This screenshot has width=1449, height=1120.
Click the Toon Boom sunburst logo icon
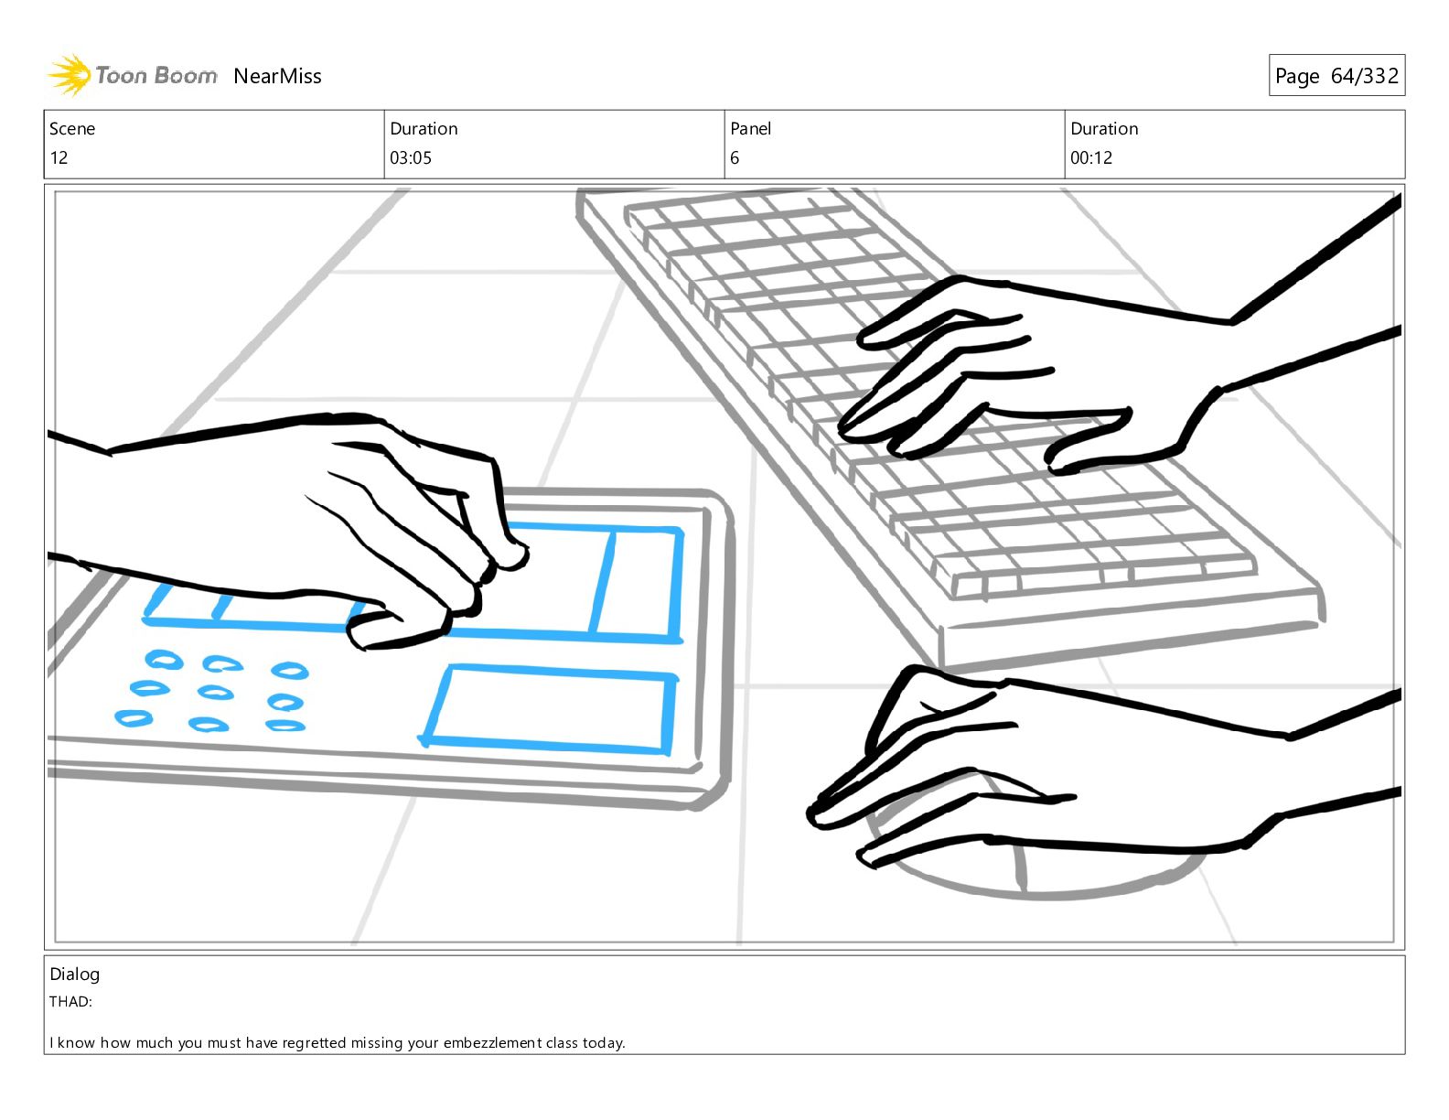pyautogui.click(x=70, y=75)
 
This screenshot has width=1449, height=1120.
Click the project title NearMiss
pyautogui.click(x=277, y=76)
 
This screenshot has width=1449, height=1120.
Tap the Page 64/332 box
pyautogui.click(x=1336, y=75)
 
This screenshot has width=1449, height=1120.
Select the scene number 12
pyautogui.click(x=59, y=158)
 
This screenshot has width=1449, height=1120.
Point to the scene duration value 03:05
pyautogui.click(x=411, y=158)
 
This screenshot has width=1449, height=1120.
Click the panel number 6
pyautogui.click(x=735, y=158)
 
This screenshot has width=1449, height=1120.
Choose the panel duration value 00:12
pyautogui.click(x=1091, y=158)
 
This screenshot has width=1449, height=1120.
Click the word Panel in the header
pyautogui.click(x=751, y=129)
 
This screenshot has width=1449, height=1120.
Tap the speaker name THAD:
pyautogui.click(x=70, y=1002)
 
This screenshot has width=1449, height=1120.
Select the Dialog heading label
pyautogui.click(x=75, y=975)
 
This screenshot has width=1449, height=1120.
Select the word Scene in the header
pyautogui.click(x=72, y=129)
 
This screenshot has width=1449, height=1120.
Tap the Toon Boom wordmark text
pyautogui.click(x=156, y=75)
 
